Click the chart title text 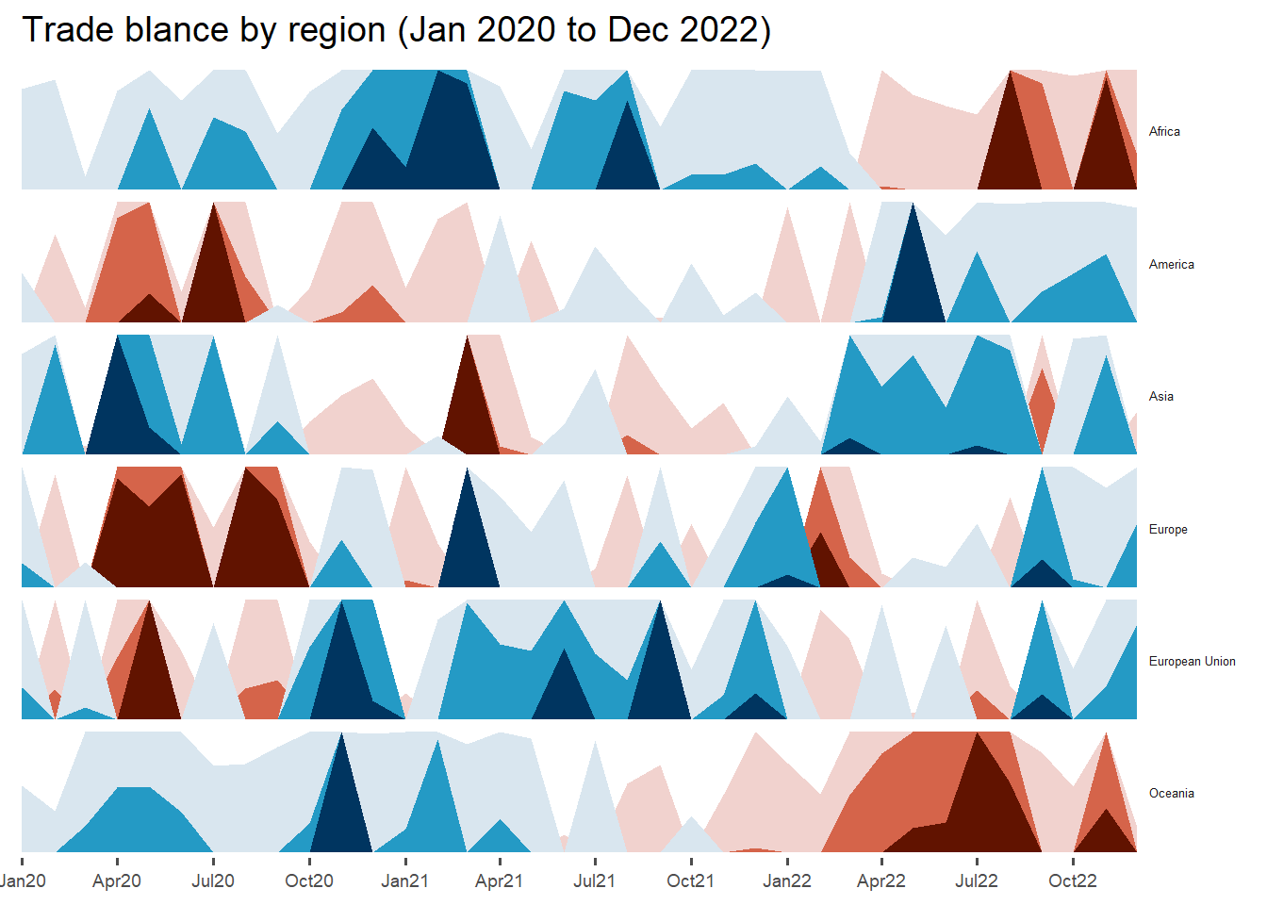[x=396, y=30]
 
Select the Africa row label [x=1164, y=132]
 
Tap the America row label [x=1171, y=265]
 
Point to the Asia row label [x=1160, y=397]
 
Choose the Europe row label [x=1168, y=530]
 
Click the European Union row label [x=1192, y=662]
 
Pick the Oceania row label [x=1171, y=794]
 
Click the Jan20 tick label [x=23, y=881]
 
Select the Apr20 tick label [x=117, y=881]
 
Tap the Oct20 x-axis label [x=309, y=881]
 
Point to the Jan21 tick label [x=404, y=881]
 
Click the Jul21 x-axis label [x=595, y=881]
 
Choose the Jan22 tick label [x=786, y=881]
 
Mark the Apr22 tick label [x=881, y=881]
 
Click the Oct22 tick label [x=1073, y=881]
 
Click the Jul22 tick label [x=977, y=881]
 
